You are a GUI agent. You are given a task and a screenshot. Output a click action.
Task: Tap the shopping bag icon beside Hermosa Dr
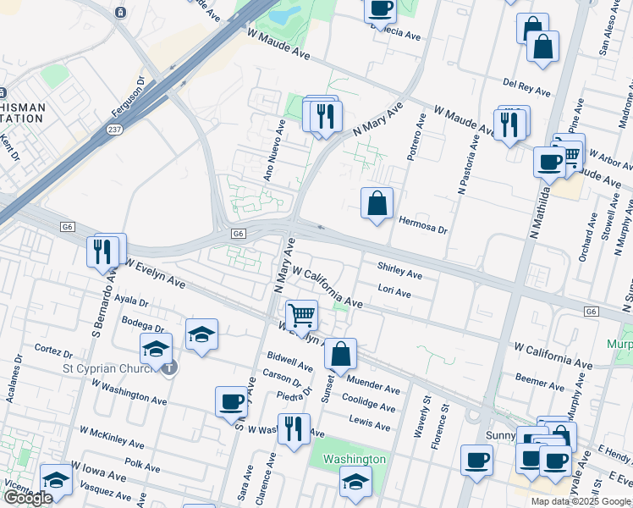point(377,204)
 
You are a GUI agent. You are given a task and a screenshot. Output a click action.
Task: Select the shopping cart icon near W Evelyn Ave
point(301,316)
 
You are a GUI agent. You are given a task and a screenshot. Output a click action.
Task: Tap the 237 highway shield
point(113,130)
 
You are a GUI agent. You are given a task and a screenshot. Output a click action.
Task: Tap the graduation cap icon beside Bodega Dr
point(201,335)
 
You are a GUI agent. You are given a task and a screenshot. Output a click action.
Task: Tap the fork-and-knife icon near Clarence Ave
point(294,428)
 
